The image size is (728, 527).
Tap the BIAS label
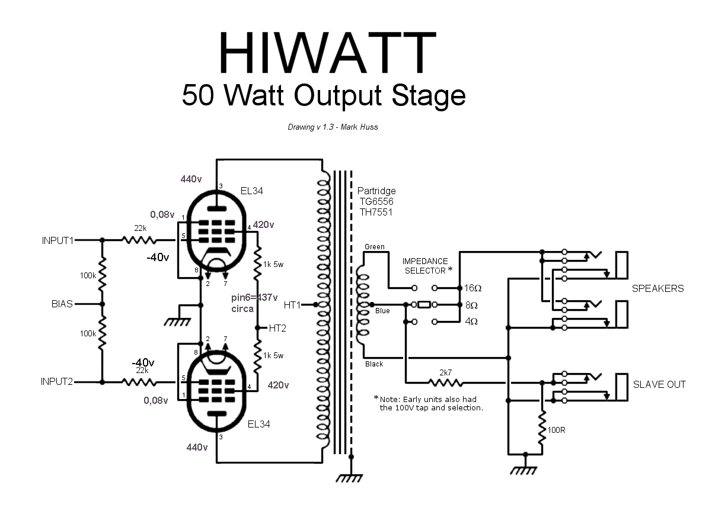(x=62, y=304)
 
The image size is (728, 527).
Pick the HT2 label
(x=277, y=327)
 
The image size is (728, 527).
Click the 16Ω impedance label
(x=472, y=288)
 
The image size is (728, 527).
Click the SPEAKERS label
(x=657, y=289)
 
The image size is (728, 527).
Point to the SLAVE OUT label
(x=659, y=384)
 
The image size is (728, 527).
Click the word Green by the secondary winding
(x=375, y=247)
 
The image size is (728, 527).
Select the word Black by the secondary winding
(x=374, y=364)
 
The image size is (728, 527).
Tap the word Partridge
(x=376, y=191)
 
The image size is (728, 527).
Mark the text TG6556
(x=375, y=201)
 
